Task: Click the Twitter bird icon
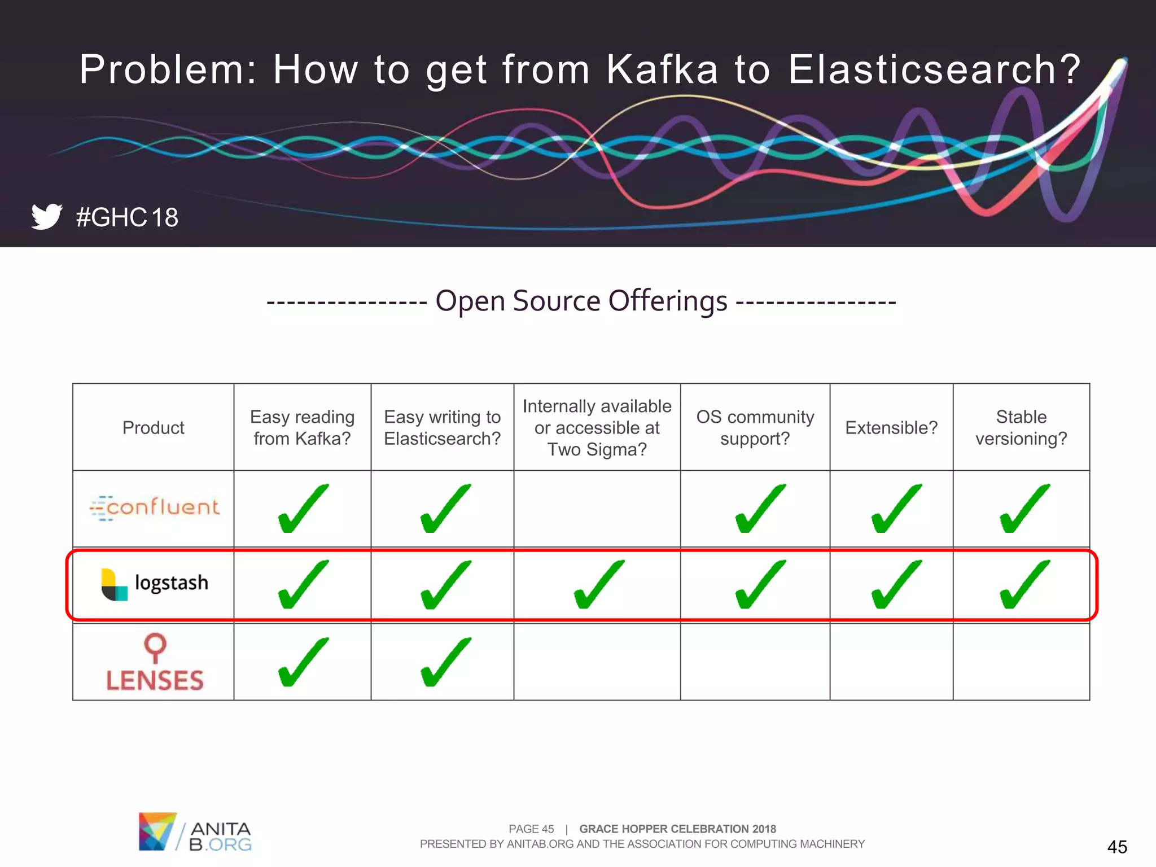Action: point(47,216)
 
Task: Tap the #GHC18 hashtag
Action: point(127,217)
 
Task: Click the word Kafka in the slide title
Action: point(662,69)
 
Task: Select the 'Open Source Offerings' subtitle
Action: point(581,301)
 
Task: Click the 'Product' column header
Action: point(154,428)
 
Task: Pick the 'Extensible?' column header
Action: point(891,428)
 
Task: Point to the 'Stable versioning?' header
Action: point(1021,428)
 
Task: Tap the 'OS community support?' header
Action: point(755,428)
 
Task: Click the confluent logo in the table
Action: point(155,507)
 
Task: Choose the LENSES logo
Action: point(155,663)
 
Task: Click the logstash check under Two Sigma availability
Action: point(598,585)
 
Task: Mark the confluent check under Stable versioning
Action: point(1024,509)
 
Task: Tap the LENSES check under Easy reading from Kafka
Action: point(303,662)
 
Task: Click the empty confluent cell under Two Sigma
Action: point(597,509)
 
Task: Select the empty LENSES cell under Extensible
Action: point(891,662)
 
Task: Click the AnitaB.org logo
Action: point(195,831)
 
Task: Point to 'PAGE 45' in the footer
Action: point(531,829)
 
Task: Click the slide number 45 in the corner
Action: point(1117,847)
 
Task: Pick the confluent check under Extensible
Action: point(896,509)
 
